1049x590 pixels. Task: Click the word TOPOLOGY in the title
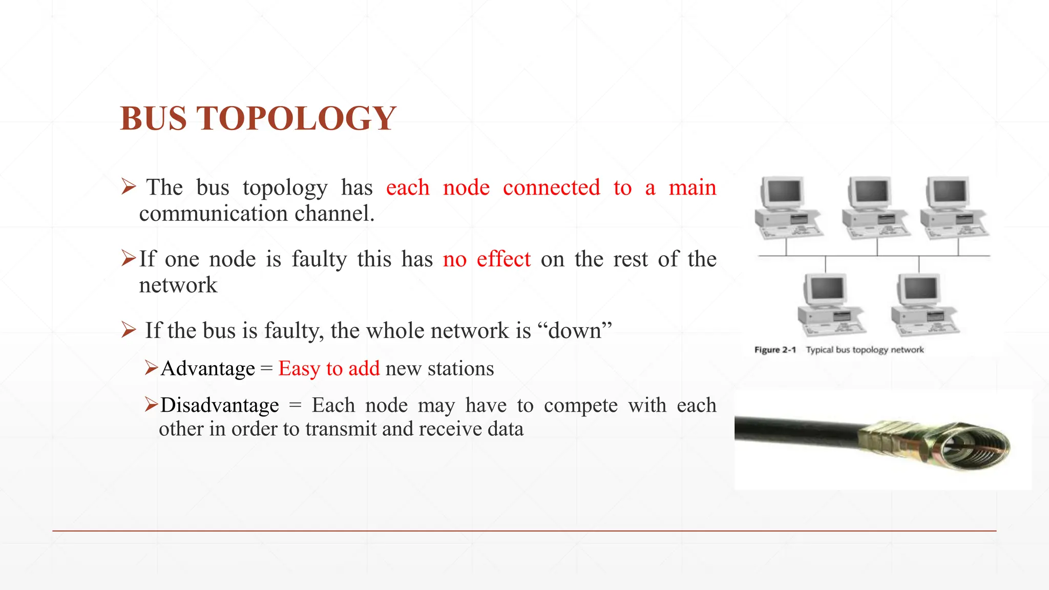coord(297,118)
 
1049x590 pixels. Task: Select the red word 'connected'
coord(551,187)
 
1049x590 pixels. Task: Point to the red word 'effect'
coord(503,259)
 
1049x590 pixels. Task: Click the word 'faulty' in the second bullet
coord(319,259)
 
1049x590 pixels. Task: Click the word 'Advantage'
coord(207,369)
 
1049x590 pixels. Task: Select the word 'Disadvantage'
coord(220,405)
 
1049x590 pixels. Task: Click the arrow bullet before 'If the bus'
coord(128,330)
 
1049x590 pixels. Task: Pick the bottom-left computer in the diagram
coord(830,305)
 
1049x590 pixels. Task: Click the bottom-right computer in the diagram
coord(924,305)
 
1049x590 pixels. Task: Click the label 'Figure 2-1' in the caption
coord(775,350)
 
